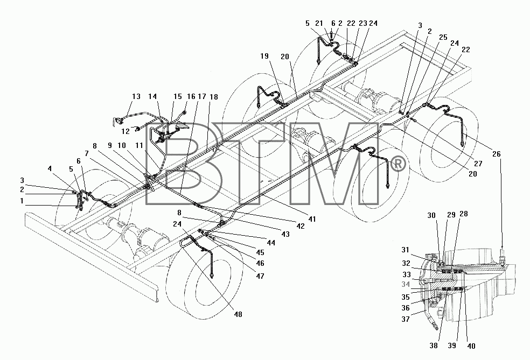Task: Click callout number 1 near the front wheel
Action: coord(22,201)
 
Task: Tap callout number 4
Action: coord(50,168)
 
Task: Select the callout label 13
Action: coord(136,96)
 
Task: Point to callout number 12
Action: coord(125,131)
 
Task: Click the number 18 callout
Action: coord(214,97)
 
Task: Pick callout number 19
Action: coord(264,56)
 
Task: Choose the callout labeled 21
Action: coord(319,23)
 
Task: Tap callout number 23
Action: coord(362,23)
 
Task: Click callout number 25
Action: coord(443,37)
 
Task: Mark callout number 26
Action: coord(496,154)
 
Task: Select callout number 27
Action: coord(478,164)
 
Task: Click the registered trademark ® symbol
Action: coord(398,165)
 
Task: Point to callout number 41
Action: coord(312,219)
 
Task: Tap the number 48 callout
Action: coord(238,314)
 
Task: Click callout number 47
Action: coord(260,276)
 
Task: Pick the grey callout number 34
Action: coord(406,285)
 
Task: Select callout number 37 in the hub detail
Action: coord(406,319)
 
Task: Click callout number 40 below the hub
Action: coord(471,346)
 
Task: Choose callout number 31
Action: coord(405,250)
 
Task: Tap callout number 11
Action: coord(139,145)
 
